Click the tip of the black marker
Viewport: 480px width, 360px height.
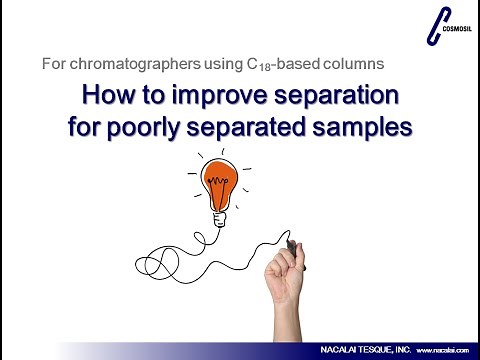pyautogui.click(x=289, y=243)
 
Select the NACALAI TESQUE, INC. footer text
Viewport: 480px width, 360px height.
pyautogui.click(x=360, y=351)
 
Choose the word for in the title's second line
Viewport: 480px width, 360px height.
pyautogui.click(x=89, y=127)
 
